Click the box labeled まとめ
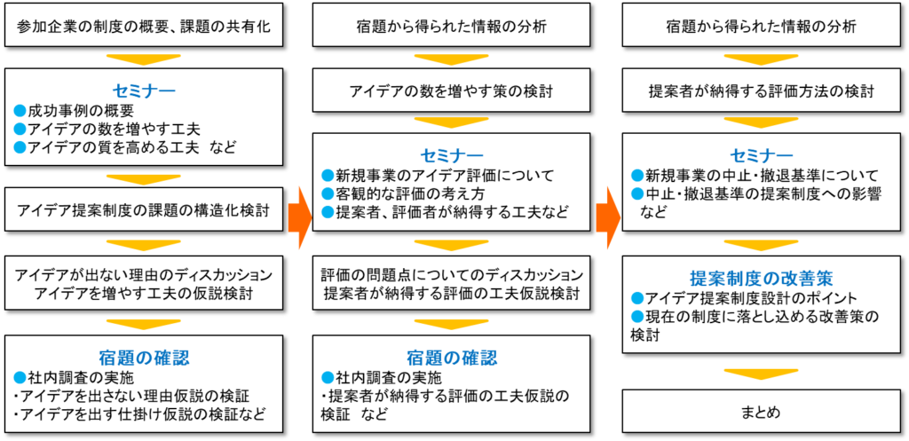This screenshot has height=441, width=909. (x=762, y=413)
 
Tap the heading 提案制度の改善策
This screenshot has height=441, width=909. (x=761, y=277)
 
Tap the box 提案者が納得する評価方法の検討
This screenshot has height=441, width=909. (x=762, y=91)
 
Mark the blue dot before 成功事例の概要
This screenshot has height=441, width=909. (x=20, y=111)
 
